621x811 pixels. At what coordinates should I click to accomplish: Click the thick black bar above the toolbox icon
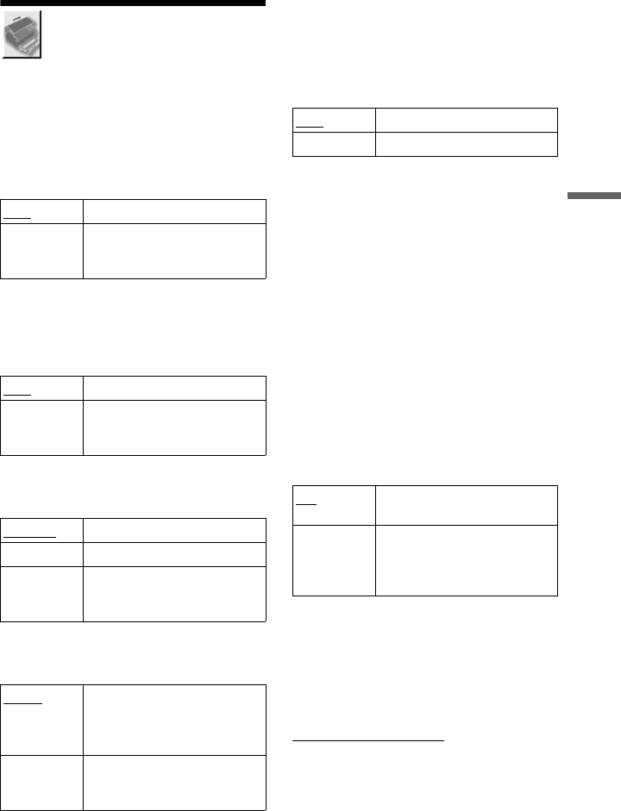tap(133, 3)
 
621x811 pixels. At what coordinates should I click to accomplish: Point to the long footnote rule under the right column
tap(368, 739)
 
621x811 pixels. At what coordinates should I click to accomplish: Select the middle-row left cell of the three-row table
tap(41, 553)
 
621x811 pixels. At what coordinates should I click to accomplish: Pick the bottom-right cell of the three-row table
tap(174, 593)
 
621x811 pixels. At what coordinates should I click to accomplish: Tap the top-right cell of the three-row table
tap(174, 530)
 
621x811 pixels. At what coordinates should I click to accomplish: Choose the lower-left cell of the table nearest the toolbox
tap(41, 251)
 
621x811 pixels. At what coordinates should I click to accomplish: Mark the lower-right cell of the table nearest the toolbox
tap(174, 251)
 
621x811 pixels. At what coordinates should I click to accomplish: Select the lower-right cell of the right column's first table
tap(467, 144)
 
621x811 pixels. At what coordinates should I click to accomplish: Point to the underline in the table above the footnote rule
tap(305, 505)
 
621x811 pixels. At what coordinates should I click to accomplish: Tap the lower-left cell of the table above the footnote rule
tap(334, 560)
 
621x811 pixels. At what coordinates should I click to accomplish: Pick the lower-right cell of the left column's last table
tap(174, 784)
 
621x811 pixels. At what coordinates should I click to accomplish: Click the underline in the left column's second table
tap(19, 394)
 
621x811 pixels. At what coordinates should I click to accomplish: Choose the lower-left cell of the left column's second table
tap(41, 427)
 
